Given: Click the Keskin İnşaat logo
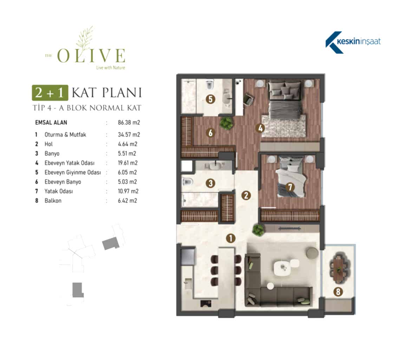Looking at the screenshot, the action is click(x=353, y=42).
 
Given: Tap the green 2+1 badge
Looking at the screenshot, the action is click(x=50, y=92).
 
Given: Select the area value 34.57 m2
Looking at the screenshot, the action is click(x=129, y=135).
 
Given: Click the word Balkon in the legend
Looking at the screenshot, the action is click(x=53, y=200).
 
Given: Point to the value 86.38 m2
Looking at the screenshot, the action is click(x=129, y=123).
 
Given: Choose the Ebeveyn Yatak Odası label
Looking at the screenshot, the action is click(x=70, y=163).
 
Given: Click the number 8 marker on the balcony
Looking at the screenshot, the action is click(x=338, y=291).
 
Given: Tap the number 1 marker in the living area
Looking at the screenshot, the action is click(x=231, y=238).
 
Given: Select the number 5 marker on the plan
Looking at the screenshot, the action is click(x=210, y=99).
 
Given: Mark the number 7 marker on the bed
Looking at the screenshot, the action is click(x=290, y=187).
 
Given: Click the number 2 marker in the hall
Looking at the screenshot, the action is click(x=246, y=195).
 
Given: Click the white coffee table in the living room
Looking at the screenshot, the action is click(x=282, y=268).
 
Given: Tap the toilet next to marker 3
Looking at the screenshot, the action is click(x=188, y=182).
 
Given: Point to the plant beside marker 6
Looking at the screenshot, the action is click(x=227, y=123).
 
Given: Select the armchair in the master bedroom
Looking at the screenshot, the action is click(x=248, y=99).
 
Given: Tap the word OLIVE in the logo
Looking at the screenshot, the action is click(x=91, y=55).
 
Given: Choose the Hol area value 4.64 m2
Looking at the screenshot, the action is click(x=127, y=144).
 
